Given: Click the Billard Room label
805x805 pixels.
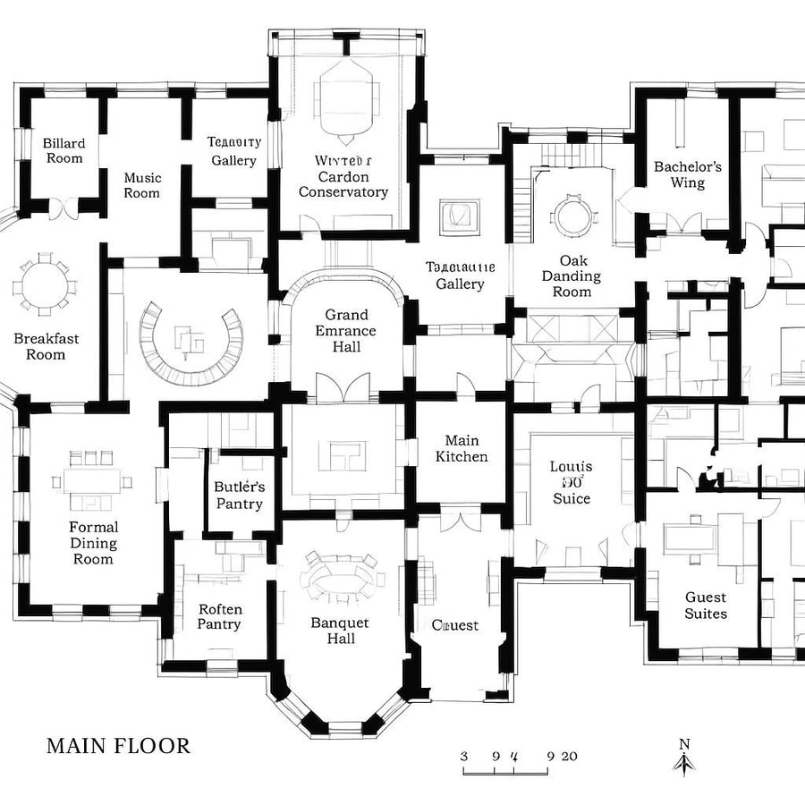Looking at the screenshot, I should click(64, 150).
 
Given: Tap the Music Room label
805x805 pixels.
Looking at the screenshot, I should click(142, 185).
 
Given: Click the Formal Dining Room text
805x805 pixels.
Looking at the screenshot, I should click(93, 543).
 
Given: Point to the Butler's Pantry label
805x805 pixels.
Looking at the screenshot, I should click(239, 495).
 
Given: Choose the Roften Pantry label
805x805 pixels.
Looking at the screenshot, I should click(220, 616).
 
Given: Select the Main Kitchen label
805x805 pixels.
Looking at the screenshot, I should click(462, 448).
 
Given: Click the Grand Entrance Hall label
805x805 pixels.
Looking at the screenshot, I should click(346, 330).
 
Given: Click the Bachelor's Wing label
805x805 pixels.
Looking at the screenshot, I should click(687, 174).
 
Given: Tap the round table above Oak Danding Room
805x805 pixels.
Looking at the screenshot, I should click(572, 215).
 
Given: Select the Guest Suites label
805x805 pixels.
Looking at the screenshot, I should click(706, 605).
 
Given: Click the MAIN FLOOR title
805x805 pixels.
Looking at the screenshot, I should click(118, 745).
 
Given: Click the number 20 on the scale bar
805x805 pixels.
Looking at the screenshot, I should click(569, 755).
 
